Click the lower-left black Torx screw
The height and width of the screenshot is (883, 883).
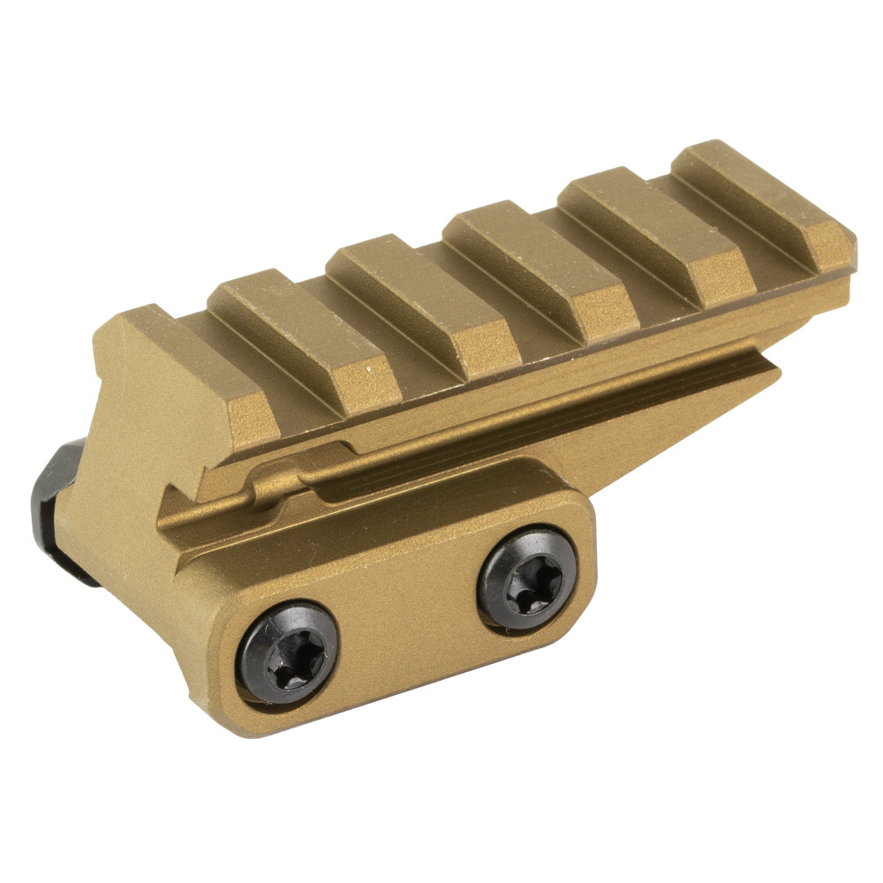[291, 653]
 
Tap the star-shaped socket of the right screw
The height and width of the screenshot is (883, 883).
[528, 578]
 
